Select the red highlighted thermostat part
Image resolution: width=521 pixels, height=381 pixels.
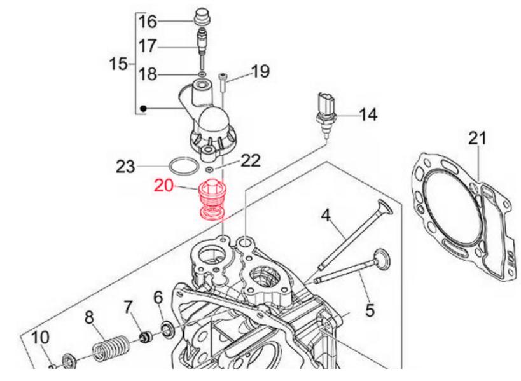point(211,200)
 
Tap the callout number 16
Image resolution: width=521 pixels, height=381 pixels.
point(148,22)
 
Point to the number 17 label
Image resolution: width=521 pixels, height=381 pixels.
point(148,46)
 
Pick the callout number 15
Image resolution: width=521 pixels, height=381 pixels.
point(118,64)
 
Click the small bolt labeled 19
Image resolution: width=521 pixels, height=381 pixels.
point(223,83)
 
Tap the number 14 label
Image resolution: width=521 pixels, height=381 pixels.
point(367,115)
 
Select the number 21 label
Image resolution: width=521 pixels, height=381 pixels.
point(477,137)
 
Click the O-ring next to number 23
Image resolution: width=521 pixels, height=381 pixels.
point(185,167)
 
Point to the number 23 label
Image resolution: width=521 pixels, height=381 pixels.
point(126,167)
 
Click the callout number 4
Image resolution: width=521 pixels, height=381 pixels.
point(325,216)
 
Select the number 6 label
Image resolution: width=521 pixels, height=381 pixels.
point(158,297)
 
